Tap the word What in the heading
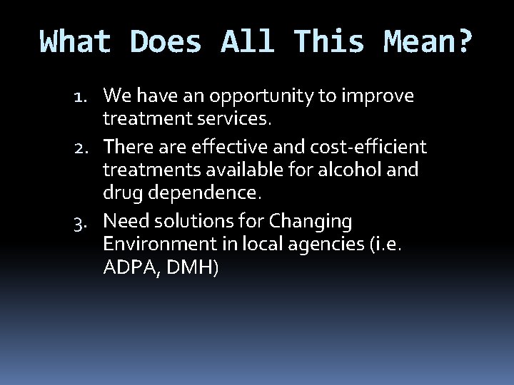click(x=76, y=42)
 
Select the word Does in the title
click(x=166, y=42)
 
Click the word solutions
click(x=197, y=222)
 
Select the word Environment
click(x=157, y=245)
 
